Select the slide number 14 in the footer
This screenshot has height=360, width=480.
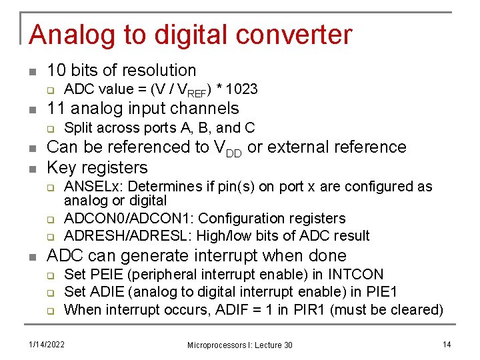[x=446, y=344]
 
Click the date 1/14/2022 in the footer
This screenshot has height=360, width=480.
[x=46, y=344]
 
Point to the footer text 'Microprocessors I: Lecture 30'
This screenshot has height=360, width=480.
[x=239, y=345]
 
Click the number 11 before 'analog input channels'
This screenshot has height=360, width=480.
[x=57, y=108]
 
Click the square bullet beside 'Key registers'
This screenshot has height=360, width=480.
[x=32, y=167]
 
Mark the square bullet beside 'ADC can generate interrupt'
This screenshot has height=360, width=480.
[x=32, y=255]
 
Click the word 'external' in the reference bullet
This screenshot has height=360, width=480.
[x=303, y=147]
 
